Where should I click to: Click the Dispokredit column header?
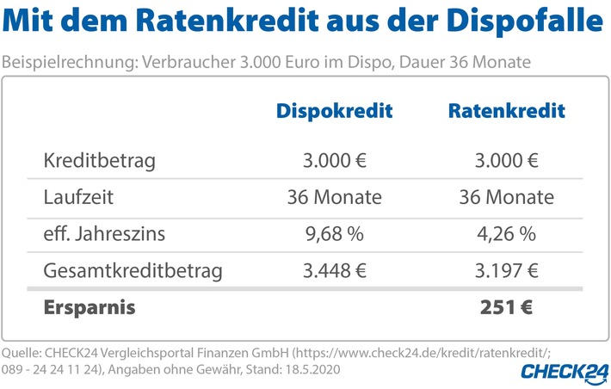pos(334,111)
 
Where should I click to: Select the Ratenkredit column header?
pos(507,111)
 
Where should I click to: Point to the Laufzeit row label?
pos(78,197)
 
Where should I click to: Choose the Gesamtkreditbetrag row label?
pos(133,271)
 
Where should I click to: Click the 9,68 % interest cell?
pos(334,234)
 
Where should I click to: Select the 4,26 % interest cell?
pos(506,234)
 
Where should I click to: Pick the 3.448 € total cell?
pos(334,271)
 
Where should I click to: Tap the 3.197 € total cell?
pos(506,271)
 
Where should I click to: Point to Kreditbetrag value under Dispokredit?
pos(334,160)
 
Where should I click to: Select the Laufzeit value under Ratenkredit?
pos(506,197)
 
